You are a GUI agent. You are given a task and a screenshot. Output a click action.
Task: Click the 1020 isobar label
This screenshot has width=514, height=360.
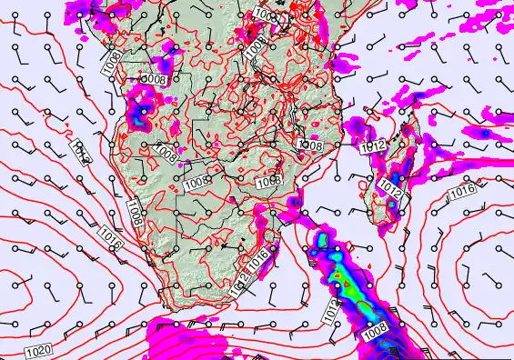point(38,351)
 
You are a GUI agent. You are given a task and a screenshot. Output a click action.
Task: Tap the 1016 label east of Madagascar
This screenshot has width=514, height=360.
point(462,192)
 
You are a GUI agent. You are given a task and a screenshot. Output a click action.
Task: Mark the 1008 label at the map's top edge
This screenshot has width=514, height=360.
point(266,15)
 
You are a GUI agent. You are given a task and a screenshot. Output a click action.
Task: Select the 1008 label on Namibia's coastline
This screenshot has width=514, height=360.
point(135,212)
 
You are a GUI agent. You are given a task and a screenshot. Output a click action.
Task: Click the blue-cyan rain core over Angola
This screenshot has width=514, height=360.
point(140,115)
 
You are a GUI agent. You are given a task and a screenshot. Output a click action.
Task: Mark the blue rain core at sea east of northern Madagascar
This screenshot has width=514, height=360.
point(485,133)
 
